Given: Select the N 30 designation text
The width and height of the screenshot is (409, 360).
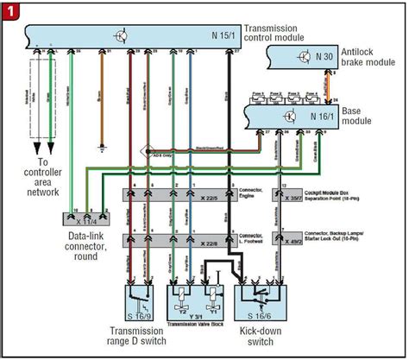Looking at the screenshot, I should click(324, 57).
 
